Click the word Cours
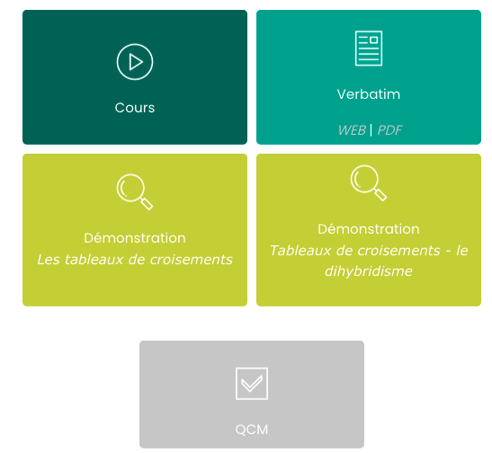pos(135,108)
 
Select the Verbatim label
pos(369,94)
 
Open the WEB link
pos(352,130)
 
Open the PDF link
pos(389,130)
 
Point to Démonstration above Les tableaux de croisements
pos(135,238)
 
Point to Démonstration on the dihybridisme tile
pos(369,229)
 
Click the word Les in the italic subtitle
pos(49,260)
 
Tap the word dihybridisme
pos(369,271)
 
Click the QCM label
pos(252,430)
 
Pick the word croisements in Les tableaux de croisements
pos(191,260)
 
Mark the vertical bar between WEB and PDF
pos(371,130)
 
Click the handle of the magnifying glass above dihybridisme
pos(380,195)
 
